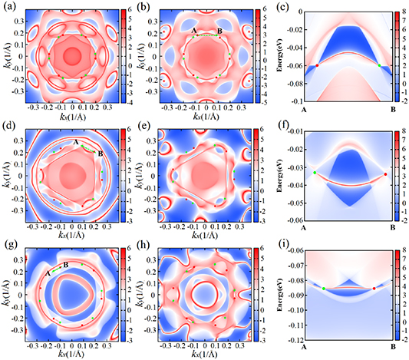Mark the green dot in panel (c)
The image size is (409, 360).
coord(379,66)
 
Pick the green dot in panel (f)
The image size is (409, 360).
coord(314,173)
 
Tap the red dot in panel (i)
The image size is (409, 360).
coord(374,289)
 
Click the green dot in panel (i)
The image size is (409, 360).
coord(324,289)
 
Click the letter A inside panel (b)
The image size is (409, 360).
coord(194,30)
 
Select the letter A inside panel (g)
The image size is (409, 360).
coord(48,272)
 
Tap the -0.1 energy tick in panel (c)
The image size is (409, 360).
coord(295,101)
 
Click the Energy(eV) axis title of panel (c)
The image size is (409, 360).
coord(281,55)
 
